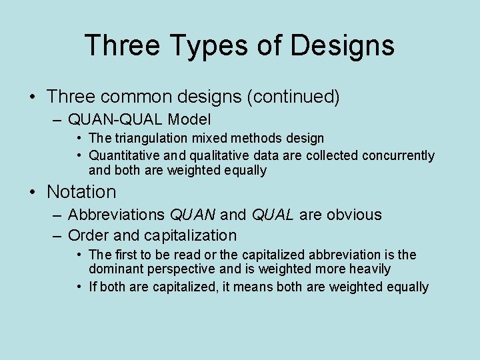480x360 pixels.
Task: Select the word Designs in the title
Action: coord(342,46)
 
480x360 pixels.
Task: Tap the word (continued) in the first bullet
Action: coord(293,97)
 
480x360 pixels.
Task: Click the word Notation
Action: coord(81,192)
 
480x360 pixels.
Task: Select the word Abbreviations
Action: coord(118,215)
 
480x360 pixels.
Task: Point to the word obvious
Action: coord(351,215)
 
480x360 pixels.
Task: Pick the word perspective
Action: coord(181,269)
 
